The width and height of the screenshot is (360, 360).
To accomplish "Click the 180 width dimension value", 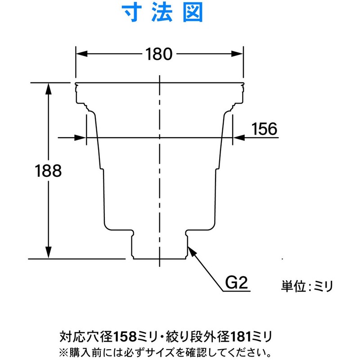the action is (159, 54).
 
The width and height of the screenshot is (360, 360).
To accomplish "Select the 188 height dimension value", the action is (48, 171).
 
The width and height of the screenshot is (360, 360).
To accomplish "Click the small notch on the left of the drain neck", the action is (135, 233).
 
